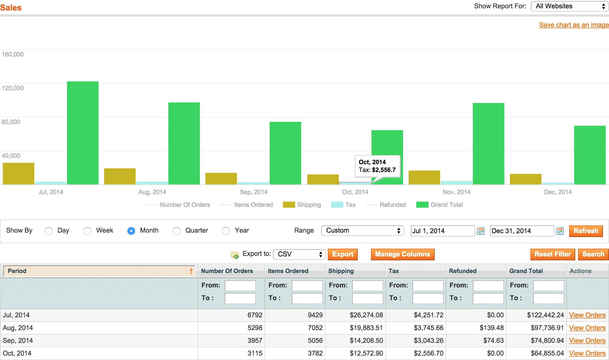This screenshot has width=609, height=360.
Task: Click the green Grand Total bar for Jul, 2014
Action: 83,133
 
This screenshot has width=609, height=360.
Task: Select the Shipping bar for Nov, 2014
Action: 424,178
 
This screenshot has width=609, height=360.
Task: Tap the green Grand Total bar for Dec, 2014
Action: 590,155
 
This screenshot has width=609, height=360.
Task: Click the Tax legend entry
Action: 344,205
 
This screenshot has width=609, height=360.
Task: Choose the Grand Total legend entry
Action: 440,205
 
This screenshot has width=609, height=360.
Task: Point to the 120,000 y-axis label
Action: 13,88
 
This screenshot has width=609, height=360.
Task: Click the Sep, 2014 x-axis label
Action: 254,192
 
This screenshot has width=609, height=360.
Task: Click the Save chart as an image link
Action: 574,25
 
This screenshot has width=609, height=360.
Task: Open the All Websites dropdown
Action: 569,6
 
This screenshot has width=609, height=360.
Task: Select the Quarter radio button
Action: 177,231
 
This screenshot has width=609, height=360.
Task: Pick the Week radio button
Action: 87,231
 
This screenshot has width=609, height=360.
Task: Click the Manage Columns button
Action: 402,254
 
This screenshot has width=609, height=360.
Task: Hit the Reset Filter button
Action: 553,254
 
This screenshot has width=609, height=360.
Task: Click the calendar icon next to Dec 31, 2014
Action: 560,231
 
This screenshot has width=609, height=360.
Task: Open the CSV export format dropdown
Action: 299,254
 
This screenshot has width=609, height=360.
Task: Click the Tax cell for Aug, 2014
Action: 429,328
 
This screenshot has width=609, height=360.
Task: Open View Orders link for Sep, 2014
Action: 587,341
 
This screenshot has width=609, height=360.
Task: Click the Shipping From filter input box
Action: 367,286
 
